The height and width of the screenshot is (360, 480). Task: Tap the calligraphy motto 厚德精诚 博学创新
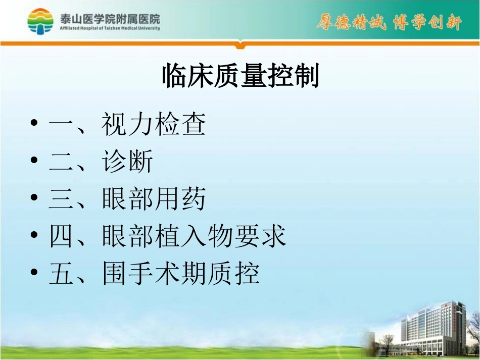click(389, 23)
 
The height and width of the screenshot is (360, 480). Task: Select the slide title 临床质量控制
click(240, 76)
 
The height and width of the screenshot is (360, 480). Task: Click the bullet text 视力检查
click(154, 125)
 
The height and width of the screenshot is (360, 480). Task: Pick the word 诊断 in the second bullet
click(128, 163)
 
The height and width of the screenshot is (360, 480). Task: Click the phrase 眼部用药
click(154, 199)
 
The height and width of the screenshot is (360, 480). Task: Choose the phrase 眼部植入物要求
click(194, 236)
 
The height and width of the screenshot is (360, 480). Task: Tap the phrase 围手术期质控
click(181, 274)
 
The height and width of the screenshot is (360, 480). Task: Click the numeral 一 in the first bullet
click(62, 125)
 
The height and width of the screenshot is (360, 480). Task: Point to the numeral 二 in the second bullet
click(62, 163)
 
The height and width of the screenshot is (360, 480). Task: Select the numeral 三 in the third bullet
click(62, 200)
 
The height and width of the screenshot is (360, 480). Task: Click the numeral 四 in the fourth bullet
click(62, 237)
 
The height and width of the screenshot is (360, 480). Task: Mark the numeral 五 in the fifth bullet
click(62, 274)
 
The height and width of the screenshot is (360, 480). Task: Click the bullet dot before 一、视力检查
click(34, 124)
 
